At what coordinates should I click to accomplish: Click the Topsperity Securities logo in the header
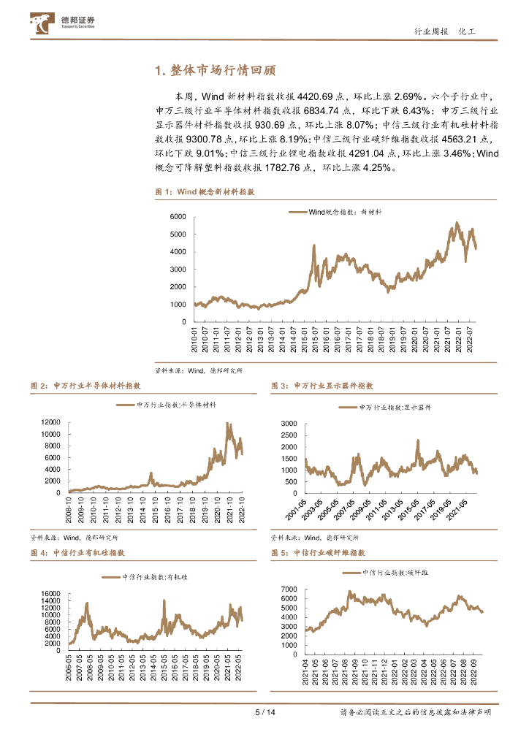click(x=64, y=24)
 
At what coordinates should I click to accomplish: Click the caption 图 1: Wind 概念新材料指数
click(x=205, y=191)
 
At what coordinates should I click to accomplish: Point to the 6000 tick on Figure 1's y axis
click(x=178, y=217)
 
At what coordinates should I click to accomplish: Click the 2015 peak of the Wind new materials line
click(x=314, y=246)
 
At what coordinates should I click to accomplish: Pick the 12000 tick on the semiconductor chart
click(x=50, y=422)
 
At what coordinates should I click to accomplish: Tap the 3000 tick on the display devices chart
click(x=289, y=424)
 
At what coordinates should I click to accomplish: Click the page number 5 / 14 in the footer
click(x=264, y=712)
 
